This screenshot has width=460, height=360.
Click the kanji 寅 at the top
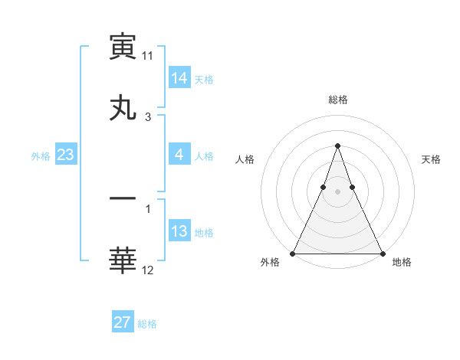pyautogui.click(x=123, y=47)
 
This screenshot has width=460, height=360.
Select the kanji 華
pyautogui.click(x=123, y=261)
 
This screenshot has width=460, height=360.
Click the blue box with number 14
pyautogui.click(x=179, y=78)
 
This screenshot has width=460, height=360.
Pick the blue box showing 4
pyautogui.click(x=179, y=155)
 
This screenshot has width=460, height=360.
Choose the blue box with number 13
pyautogui.click(x=179, y=232)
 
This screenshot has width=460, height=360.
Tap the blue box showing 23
pyautogui.click(x=66, y=155)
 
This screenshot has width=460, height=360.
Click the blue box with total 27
pyautogui.click(x=123, y=322)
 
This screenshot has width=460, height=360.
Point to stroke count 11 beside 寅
pyautogui.click(x=148, y=57)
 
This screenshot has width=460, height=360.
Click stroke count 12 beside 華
pyautogui.click(x=148, y=270)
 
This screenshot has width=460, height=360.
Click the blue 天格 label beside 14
pyautogui.click(x=204, y=80)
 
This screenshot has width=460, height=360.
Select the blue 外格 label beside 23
pyautogui.click(x=41, y=156)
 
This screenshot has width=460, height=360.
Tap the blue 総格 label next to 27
pyautogui.click(x=147, y=324)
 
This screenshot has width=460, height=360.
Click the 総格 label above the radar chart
pyautogui.click(x=337, y=100)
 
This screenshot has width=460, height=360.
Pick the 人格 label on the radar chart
pyautogui.click(x=245, y=159)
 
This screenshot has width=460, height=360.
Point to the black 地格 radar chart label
pyautogui.click(x=402, y=263)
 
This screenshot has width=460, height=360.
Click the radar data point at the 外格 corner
pyautogui.click(x=293, y=253)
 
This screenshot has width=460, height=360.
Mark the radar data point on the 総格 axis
pyautogui.click(x=337, y=146)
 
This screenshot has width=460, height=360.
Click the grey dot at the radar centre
pyautogui.click(x=337, y=191)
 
